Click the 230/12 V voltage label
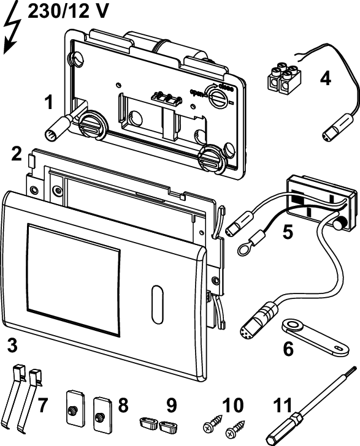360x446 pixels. pyautogui.click(x=68, y=12)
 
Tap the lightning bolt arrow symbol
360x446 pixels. pyautogui.click(x=12, y=28)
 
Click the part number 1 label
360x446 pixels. pyautogui.click(x=49, y=102)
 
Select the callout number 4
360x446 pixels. pyautogui.click(x=325, y=78)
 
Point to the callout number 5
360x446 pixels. pyautogui.click(x=288, y=232)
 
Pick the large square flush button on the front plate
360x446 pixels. pyautogui.click(x=73, y=279)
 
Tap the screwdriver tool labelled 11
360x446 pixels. pyautogui.click(x=310, y=407)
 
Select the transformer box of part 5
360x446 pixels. pyautogui.click(x=322, y=202)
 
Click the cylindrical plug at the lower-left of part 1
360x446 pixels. pyautogui.click(x=62, y=127)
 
